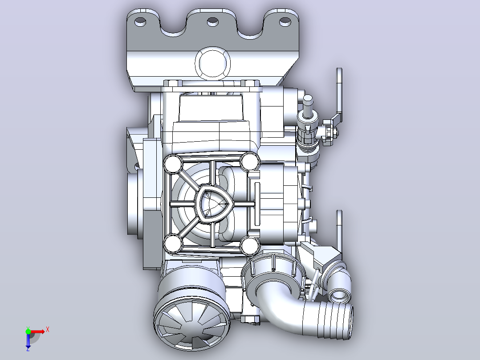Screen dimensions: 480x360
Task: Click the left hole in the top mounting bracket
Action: [141, 22]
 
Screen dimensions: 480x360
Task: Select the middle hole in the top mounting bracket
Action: [212, 22]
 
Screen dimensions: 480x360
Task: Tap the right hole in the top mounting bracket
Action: [285, 21]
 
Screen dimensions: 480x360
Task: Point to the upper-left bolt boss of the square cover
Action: [173, 164]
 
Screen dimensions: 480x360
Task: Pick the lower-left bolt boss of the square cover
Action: [173, 243]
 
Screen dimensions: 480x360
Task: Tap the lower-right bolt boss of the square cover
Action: [249, 245]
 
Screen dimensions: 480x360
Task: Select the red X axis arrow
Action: [38, 331]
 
